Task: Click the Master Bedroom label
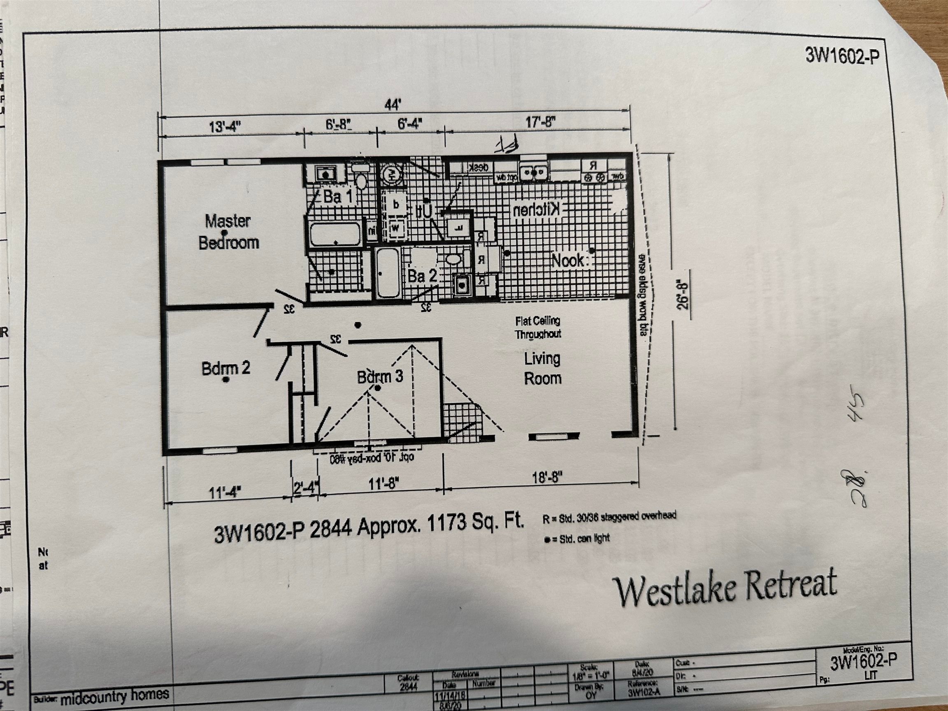coord(228,232)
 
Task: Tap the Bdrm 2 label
coord(225,368)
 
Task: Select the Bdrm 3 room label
coord(380,377)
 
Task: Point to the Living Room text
coord(543,369)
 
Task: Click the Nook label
coord(567,260)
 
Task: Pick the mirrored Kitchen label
coord(536,209)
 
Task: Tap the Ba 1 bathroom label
coord(338,197)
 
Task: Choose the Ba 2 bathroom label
coord(422,276)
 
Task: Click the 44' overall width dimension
coord(393,105)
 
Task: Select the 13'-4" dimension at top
coord(225,127)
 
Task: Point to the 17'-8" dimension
coord(540,123)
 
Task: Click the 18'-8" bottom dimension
coord(547,477)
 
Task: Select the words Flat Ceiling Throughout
coord(538,328)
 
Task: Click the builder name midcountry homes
coord(114,697)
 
